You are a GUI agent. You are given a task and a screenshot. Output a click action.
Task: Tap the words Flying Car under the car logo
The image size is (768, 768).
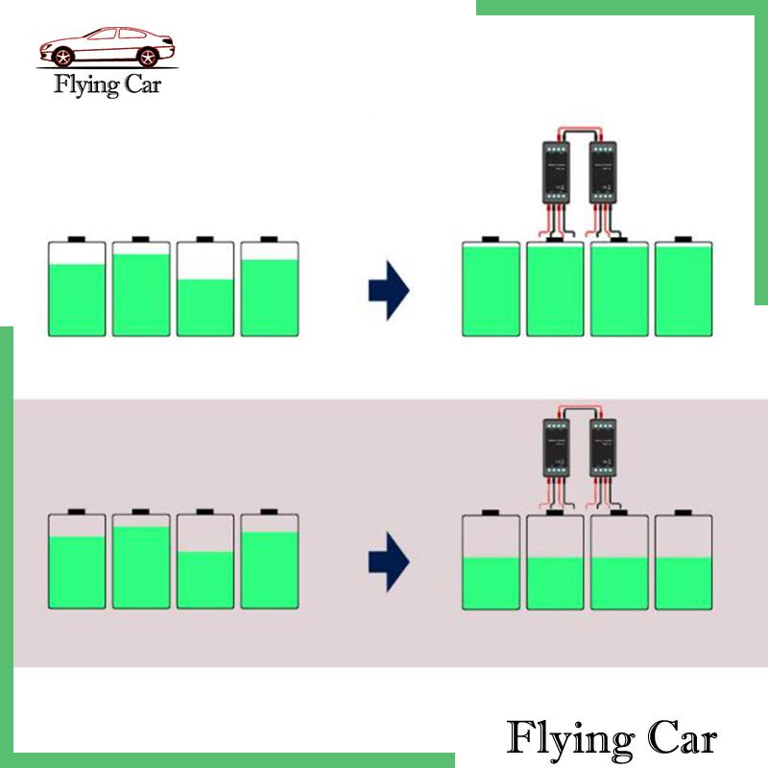(x=108, y=84)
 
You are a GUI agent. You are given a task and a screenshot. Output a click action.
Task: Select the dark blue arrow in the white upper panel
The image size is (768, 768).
(x=389, y=288)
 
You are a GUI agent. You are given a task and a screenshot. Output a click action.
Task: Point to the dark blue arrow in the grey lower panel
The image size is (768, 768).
(x=389, y=562)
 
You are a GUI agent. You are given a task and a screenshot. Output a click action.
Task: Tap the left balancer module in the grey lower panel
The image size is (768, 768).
(x=556, y=446)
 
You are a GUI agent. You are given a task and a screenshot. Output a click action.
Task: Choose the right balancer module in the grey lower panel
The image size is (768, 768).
(x=603, y=446)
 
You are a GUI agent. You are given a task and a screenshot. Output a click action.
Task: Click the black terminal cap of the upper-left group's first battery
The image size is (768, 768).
(x=77, y=238)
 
